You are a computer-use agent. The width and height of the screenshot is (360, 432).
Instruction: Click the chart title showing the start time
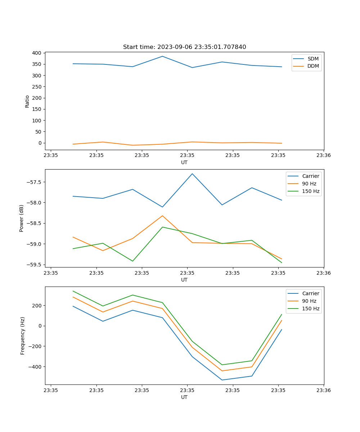click(x=184, y=47)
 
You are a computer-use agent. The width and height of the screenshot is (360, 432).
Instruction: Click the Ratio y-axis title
click(x=27, y=101)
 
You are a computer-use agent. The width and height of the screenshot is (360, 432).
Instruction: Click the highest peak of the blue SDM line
click(x=162, y=56)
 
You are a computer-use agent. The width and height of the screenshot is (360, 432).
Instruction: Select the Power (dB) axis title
click(x=22, y=218)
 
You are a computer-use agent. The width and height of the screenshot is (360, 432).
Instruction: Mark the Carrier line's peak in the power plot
click(x=192, y=174)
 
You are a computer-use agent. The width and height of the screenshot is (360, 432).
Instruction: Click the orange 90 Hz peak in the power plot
click(x=162, y=216)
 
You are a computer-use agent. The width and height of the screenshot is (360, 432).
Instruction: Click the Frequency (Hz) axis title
click(x=23, y=336)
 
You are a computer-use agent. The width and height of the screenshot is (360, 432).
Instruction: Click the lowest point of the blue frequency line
click(x=222, y=380)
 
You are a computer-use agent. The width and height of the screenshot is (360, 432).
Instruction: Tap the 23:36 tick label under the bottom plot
click(x=324, y=390)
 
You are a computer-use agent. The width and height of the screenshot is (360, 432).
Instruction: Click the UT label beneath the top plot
click(x=184, y=162)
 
